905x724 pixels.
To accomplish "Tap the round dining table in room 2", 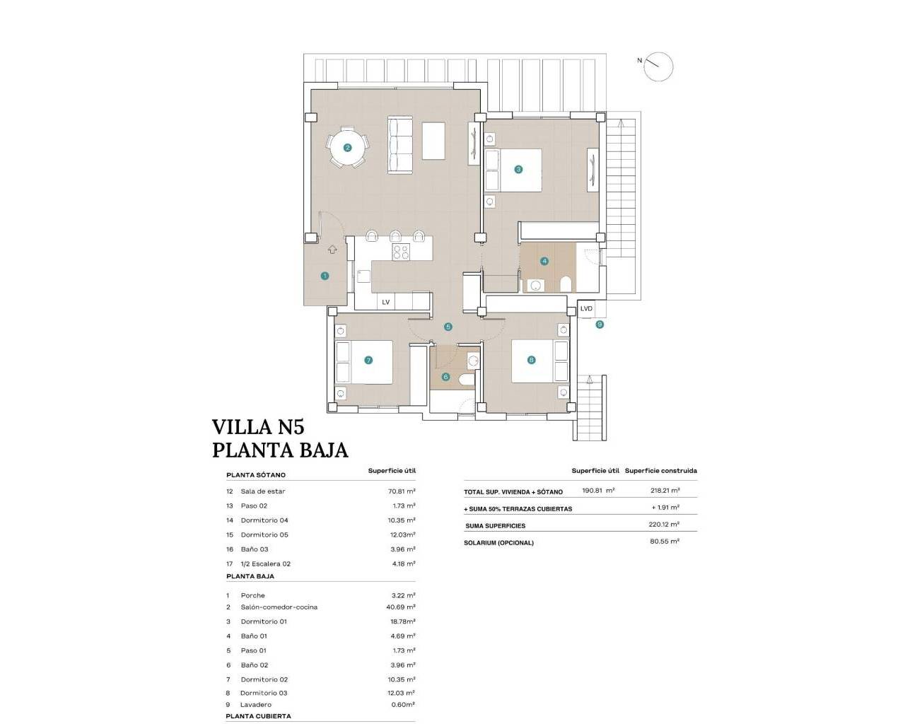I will coord(347,148).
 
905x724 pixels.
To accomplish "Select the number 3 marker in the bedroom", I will coord(518,169).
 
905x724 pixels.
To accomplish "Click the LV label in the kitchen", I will coord(385,302).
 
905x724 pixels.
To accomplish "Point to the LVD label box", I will coord(586,309).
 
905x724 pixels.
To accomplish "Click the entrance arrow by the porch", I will coord(333,249).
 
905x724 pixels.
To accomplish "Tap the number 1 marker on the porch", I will coord(325,276).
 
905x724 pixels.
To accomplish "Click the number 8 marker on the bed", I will coord(532,360).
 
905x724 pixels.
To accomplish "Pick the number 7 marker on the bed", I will coord(368,360).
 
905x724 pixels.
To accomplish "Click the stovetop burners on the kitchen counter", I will coord(401,252).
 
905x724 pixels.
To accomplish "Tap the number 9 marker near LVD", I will coord(600,325).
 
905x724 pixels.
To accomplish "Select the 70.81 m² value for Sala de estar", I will coord(402,491).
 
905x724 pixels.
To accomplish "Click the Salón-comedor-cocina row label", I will coord(279,607).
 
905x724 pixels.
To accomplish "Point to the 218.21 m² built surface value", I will coord(665,491).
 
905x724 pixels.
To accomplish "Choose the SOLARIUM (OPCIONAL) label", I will coord(498,543).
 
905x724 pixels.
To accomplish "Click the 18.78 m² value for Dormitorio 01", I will coord(402,621).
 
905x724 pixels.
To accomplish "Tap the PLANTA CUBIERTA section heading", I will coord(258,716).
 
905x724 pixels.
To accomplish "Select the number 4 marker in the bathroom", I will coord(544,261).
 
